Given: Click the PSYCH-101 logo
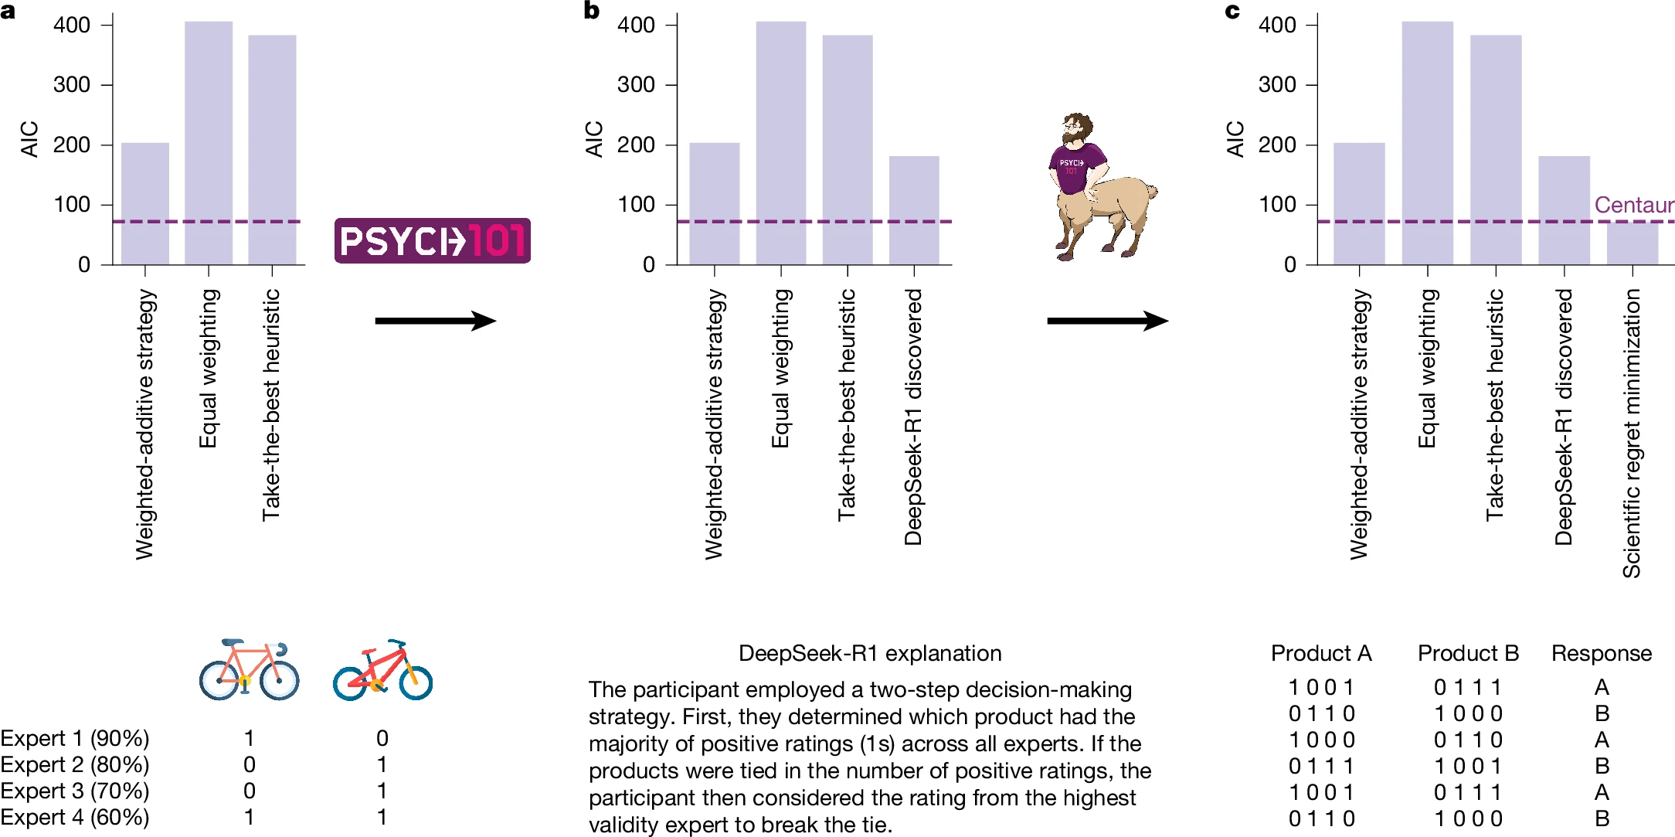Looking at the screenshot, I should pos(432,240).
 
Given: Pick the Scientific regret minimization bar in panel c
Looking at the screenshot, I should pos(1633,243).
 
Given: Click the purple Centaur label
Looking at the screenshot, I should pos(1633,205).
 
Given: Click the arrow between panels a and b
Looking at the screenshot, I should pos(435,321).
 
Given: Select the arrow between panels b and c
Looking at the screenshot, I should pos(1106,321).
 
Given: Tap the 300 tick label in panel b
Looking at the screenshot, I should pos(636,84).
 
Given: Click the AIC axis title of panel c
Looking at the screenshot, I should pos(1235,139).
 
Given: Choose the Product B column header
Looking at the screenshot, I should pos(1468,654).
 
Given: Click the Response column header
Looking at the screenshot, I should pos(1602,654).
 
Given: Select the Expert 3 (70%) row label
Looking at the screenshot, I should pos(75,791).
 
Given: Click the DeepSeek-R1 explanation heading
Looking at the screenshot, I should pos(870,654).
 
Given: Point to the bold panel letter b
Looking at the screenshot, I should pos(592,11).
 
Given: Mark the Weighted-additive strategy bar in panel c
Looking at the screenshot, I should pos(1359,204).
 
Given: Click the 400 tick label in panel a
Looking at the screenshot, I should pos(72,25).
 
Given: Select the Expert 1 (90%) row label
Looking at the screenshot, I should pos(75,738).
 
